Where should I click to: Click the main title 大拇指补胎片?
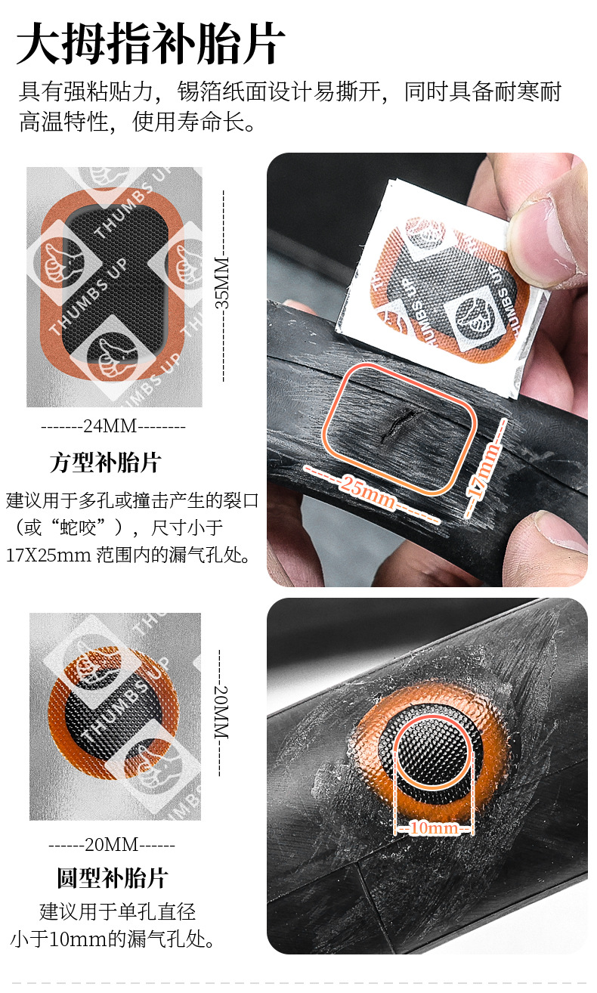(x=150, y=44)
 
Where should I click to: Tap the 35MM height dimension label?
(x=222, y=283)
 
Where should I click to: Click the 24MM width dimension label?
(x=111, y=426)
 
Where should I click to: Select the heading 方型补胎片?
(x=105, y=462)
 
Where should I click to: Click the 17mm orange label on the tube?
(x=483, y=471)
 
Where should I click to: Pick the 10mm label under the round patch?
(x=434, y=827)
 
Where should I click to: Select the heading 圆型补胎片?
(x=112, y=877)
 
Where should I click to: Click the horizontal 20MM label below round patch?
(x=112, y=845)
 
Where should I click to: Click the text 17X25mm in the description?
(x=48, y=555)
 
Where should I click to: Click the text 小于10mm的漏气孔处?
(x=113, y=939)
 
